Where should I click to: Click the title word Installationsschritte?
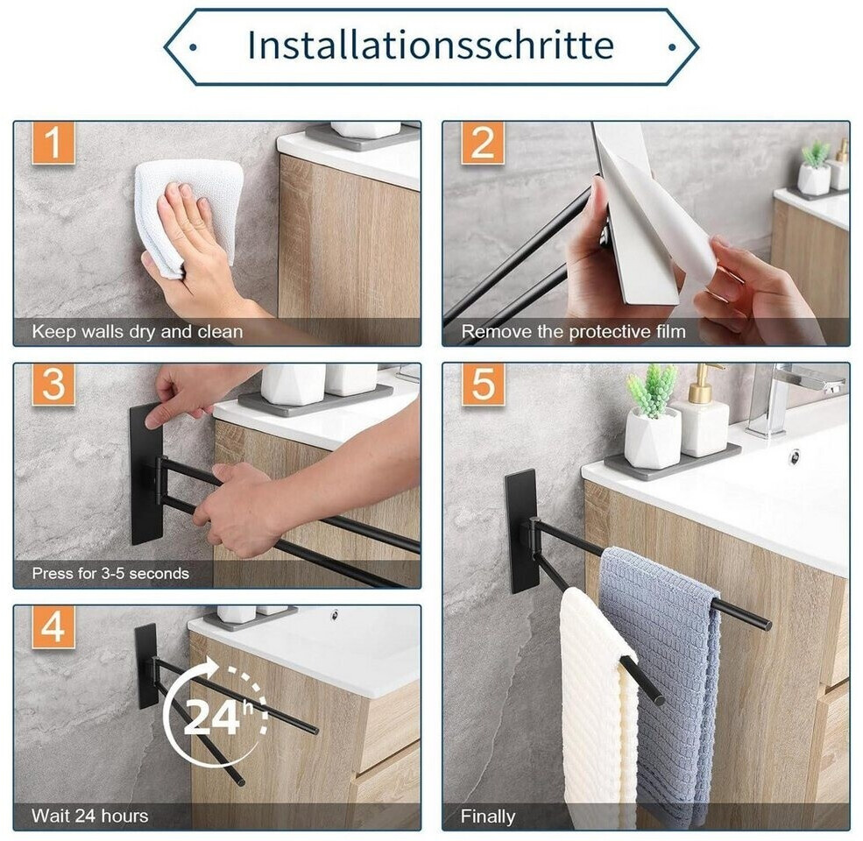(x=431, y=45)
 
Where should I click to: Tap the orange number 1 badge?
(x=53, y=143)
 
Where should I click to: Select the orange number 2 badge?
(x=483, y=143)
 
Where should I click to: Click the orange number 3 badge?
(x=53, y=385)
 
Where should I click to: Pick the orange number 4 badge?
(x=53, y=626)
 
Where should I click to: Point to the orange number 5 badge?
(x=483, y=385)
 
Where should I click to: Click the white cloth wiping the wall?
(x=190, y=215)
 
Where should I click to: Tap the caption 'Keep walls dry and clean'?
(x=137, y=332)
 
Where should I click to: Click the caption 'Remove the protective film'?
(x=574, y=332)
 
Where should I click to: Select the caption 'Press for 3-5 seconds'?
(x=110, y=574)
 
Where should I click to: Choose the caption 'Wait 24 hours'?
(x=89, y=816)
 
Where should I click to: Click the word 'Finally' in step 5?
(x=488, y=816)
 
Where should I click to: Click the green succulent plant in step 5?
(x=653, y=390)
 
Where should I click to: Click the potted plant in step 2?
(x=814, y=168)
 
